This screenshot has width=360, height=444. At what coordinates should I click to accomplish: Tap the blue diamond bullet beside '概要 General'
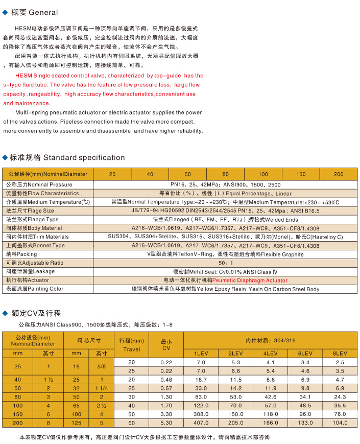5,12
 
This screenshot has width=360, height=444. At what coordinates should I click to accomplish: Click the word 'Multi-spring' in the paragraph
32,112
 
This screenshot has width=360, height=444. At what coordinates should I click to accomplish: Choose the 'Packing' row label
21,254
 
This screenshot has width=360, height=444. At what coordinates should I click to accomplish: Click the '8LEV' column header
340,353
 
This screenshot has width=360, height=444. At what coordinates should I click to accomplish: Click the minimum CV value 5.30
166,423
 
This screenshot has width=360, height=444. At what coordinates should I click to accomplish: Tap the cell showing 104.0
340,423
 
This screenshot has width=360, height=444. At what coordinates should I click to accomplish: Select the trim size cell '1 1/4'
102,388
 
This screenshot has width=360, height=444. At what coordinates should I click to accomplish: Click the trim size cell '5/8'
102,366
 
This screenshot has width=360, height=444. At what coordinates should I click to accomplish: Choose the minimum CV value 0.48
166,380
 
